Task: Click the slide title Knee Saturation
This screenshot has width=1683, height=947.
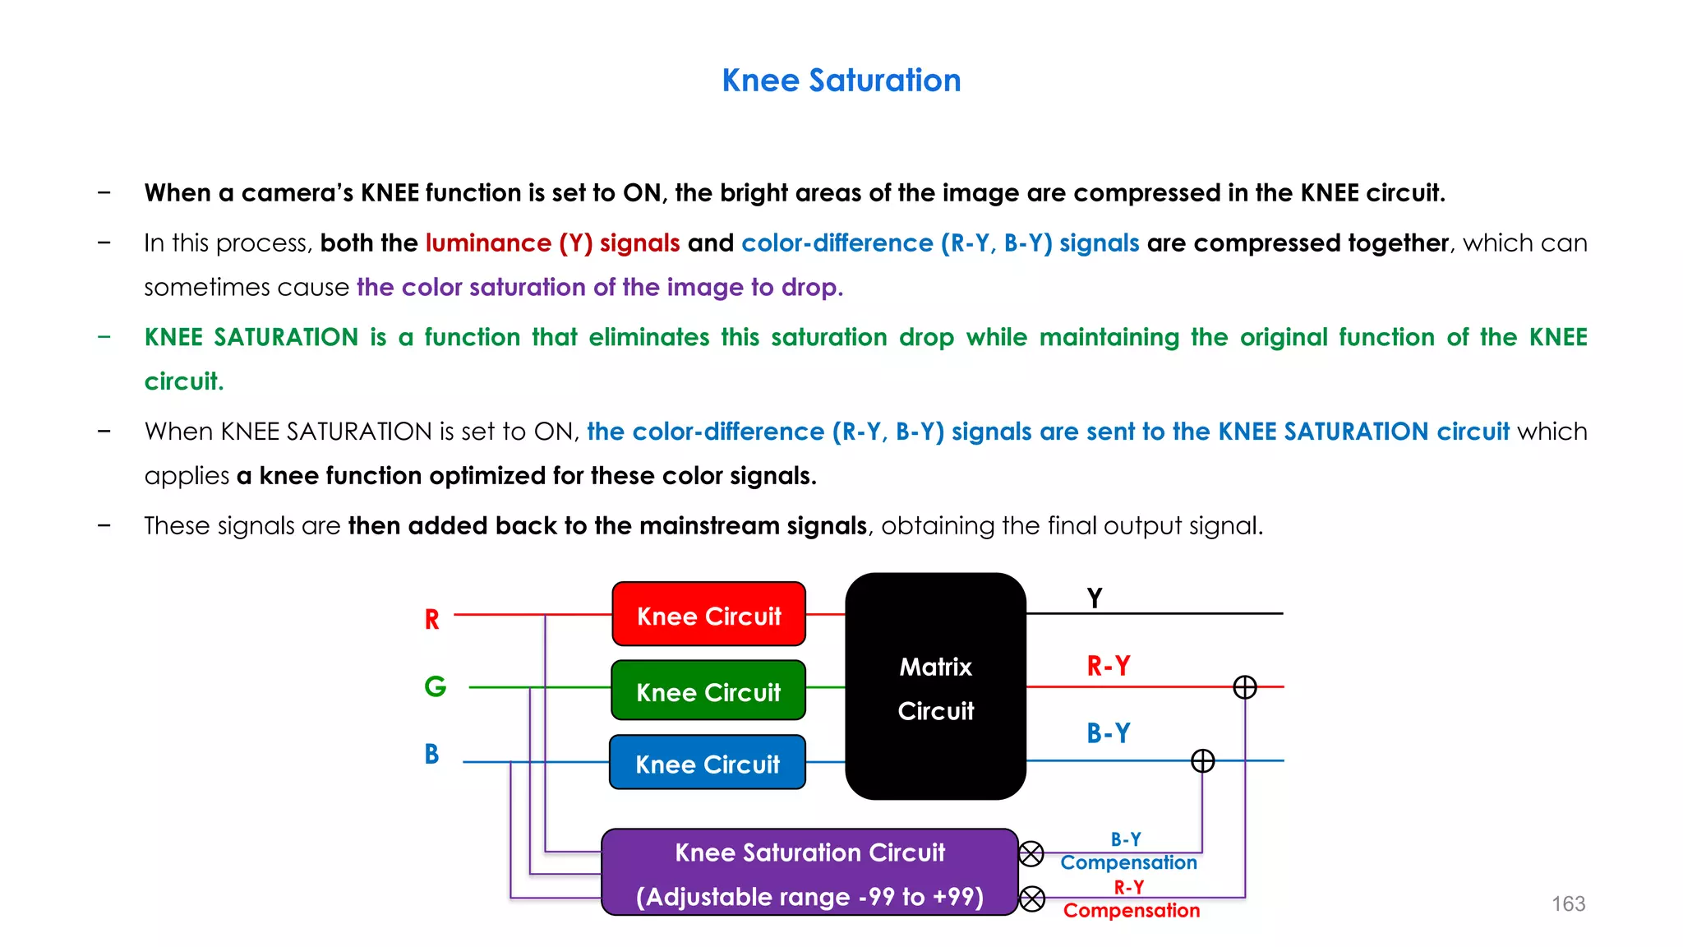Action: (x=841, y=81)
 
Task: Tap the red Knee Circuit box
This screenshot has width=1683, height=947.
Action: (x=708, y=615)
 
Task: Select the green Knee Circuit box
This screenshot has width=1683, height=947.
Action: (x=708, y=691)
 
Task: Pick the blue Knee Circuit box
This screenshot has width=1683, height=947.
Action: (x=707, y=763)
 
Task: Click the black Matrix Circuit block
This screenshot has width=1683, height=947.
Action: (x=935, y=687)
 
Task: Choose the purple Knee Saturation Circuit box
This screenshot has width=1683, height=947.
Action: (x=809, y=873)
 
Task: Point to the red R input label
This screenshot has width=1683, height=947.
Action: (x=431, y=619)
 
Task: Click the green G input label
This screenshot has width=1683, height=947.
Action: (x=435, y=686)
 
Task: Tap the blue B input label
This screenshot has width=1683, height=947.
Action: (x=431, y=754)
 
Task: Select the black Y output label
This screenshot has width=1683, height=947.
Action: (x=1094, y=598)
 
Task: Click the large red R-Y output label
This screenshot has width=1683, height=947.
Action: (x=1108, y=665)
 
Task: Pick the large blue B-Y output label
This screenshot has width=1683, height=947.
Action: (x=1108, y=732)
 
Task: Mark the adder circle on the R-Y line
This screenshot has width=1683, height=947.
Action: (x=1245, y=687)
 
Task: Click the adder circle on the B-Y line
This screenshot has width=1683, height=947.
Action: (x=1202, y=761)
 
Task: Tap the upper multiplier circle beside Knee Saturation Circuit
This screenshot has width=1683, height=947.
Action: (x=1031, y=854)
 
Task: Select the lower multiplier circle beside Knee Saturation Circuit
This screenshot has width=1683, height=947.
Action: (x=1032, y=898)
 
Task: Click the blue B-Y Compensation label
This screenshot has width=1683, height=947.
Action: (x=1128, y=852)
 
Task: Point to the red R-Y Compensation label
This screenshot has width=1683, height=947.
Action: (x=1131, y=899)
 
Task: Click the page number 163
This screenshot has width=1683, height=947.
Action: (x=1568, y=904)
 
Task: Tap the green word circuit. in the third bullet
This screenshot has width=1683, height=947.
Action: (x=184, y=381)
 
